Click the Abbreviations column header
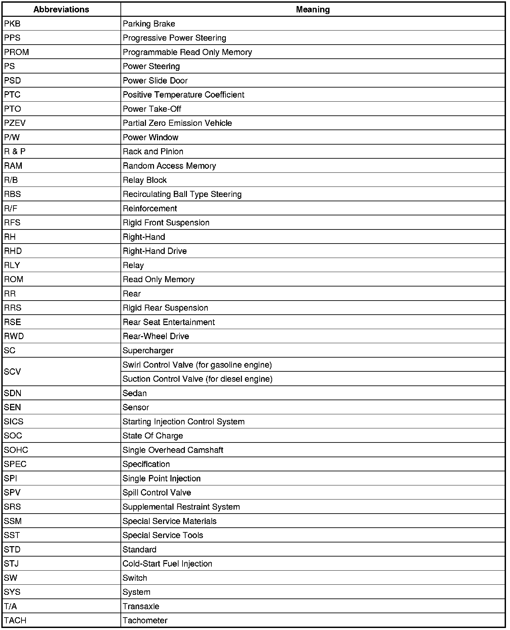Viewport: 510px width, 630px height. coord(61,9)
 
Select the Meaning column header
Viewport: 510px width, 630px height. coord(313,9)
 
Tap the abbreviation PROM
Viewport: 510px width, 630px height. coord(16,52)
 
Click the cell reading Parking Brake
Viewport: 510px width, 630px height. coord(149,24)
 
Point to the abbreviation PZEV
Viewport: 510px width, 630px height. coord(15,123)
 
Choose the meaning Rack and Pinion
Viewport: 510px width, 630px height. coord(153,152)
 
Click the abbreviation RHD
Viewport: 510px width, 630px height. coord(13,251)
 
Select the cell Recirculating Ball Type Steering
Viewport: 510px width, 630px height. coord(182,194)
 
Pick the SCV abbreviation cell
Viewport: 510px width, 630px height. coord(12,372)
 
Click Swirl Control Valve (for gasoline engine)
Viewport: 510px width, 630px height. coord(197,365)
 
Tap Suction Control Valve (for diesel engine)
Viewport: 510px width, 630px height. coord(197,379)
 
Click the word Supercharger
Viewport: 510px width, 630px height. coord(148,351)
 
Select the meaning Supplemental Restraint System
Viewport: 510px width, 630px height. coord(181,507)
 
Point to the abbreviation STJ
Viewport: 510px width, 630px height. coord(11,564)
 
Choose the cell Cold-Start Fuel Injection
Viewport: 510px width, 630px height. coord(167,564)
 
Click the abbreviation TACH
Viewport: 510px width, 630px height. coord(15,620)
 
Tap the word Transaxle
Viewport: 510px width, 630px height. coord(141,606)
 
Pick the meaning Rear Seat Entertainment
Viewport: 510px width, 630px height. coord(168,322)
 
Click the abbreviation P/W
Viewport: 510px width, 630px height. coord(12,138)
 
